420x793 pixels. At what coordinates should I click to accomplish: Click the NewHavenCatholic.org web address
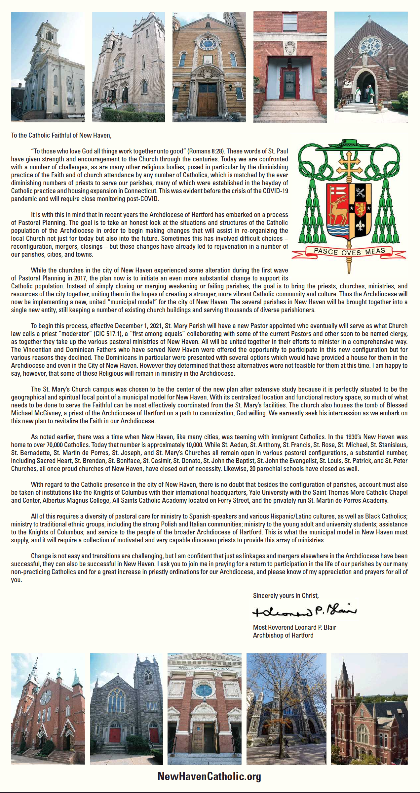coord(209,776)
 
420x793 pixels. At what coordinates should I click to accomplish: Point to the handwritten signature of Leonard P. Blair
coord(304,611)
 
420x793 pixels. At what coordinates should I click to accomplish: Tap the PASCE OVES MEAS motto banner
coord(349,252)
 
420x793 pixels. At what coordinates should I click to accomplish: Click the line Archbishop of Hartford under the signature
coord(283,635)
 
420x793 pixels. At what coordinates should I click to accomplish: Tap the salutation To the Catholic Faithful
coord(61,135)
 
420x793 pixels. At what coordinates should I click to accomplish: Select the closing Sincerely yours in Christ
coord(286,596)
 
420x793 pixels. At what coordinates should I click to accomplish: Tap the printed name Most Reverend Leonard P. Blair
coord(294,627)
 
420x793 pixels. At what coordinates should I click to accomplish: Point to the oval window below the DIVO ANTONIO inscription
coord(204,690)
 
